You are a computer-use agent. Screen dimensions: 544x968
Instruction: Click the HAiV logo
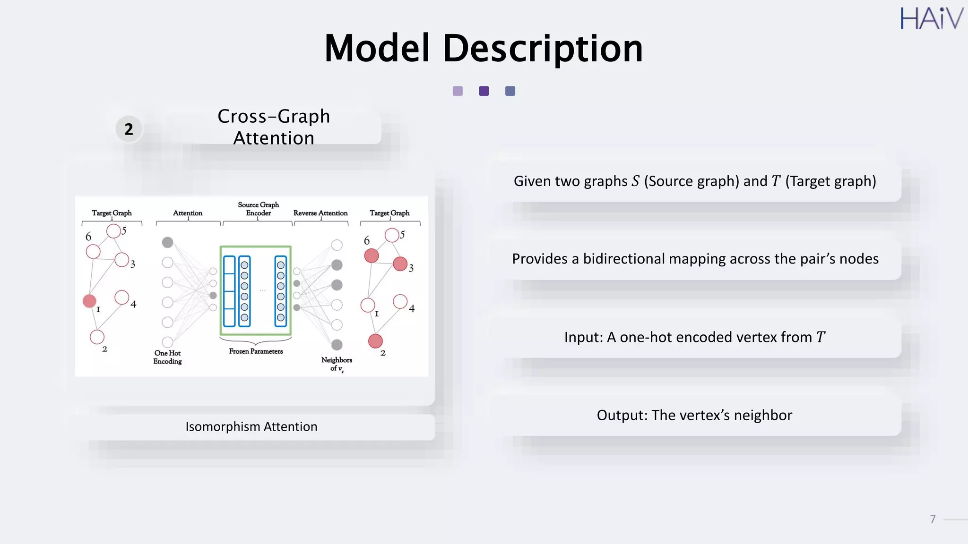coord(931,19)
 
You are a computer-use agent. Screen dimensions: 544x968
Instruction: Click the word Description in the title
coord(542,49)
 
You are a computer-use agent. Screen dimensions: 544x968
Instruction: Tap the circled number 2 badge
coord(129,129)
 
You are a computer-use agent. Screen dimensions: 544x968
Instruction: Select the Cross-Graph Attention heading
coord(274,127)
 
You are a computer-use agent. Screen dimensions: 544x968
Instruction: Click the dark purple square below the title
coord(484,91)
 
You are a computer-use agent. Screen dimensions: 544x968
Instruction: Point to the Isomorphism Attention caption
coord(251,426)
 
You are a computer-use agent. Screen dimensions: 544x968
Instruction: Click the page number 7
coord(933,519)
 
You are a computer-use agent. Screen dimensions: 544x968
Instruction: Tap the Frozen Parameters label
coord(256,351)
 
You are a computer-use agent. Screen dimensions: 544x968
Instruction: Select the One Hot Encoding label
coord(167,357)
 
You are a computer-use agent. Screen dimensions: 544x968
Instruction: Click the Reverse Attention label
coord(320,213)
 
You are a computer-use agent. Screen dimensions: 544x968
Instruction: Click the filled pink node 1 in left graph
coord(89,301)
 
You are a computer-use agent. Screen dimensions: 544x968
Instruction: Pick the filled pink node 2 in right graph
coord(375,341)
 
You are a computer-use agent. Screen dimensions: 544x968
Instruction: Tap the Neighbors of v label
coord(337,364)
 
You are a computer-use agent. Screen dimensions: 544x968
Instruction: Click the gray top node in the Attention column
coord(167,242)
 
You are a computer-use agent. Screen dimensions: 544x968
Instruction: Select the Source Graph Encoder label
coord(258,209)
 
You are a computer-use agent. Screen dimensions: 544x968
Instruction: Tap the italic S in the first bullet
coord(635,181)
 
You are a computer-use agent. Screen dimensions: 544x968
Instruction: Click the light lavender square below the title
coord(458,91)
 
